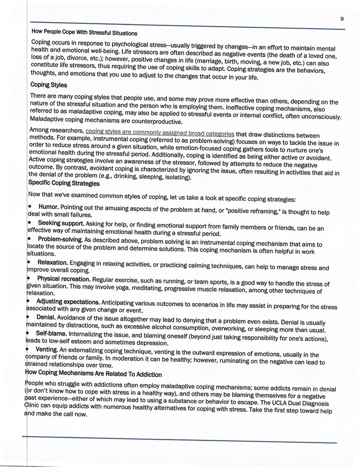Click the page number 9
coord(342,19)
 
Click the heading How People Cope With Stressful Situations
coord(84,33)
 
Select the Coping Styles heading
coord(48,85)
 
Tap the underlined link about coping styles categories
coord(160,133)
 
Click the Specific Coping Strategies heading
coord(64,183)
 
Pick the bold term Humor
coord(48,207)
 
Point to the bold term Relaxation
coord(53,262)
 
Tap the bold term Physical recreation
coord(64,278)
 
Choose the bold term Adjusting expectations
coord(68,301)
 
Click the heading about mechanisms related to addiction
coord(93,374)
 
